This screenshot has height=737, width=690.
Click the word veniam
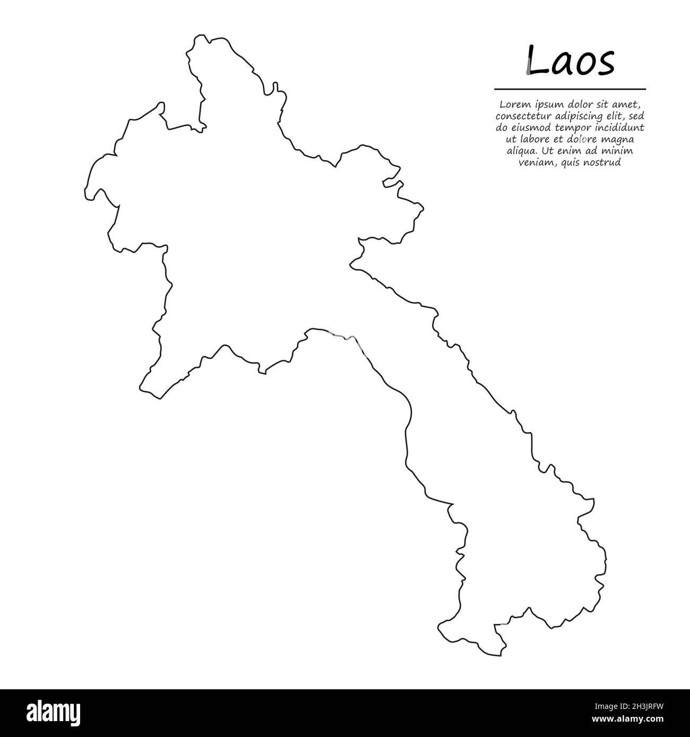coord(535,163)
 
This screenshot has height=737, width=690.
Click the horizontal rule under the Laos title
coord(570,89)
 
